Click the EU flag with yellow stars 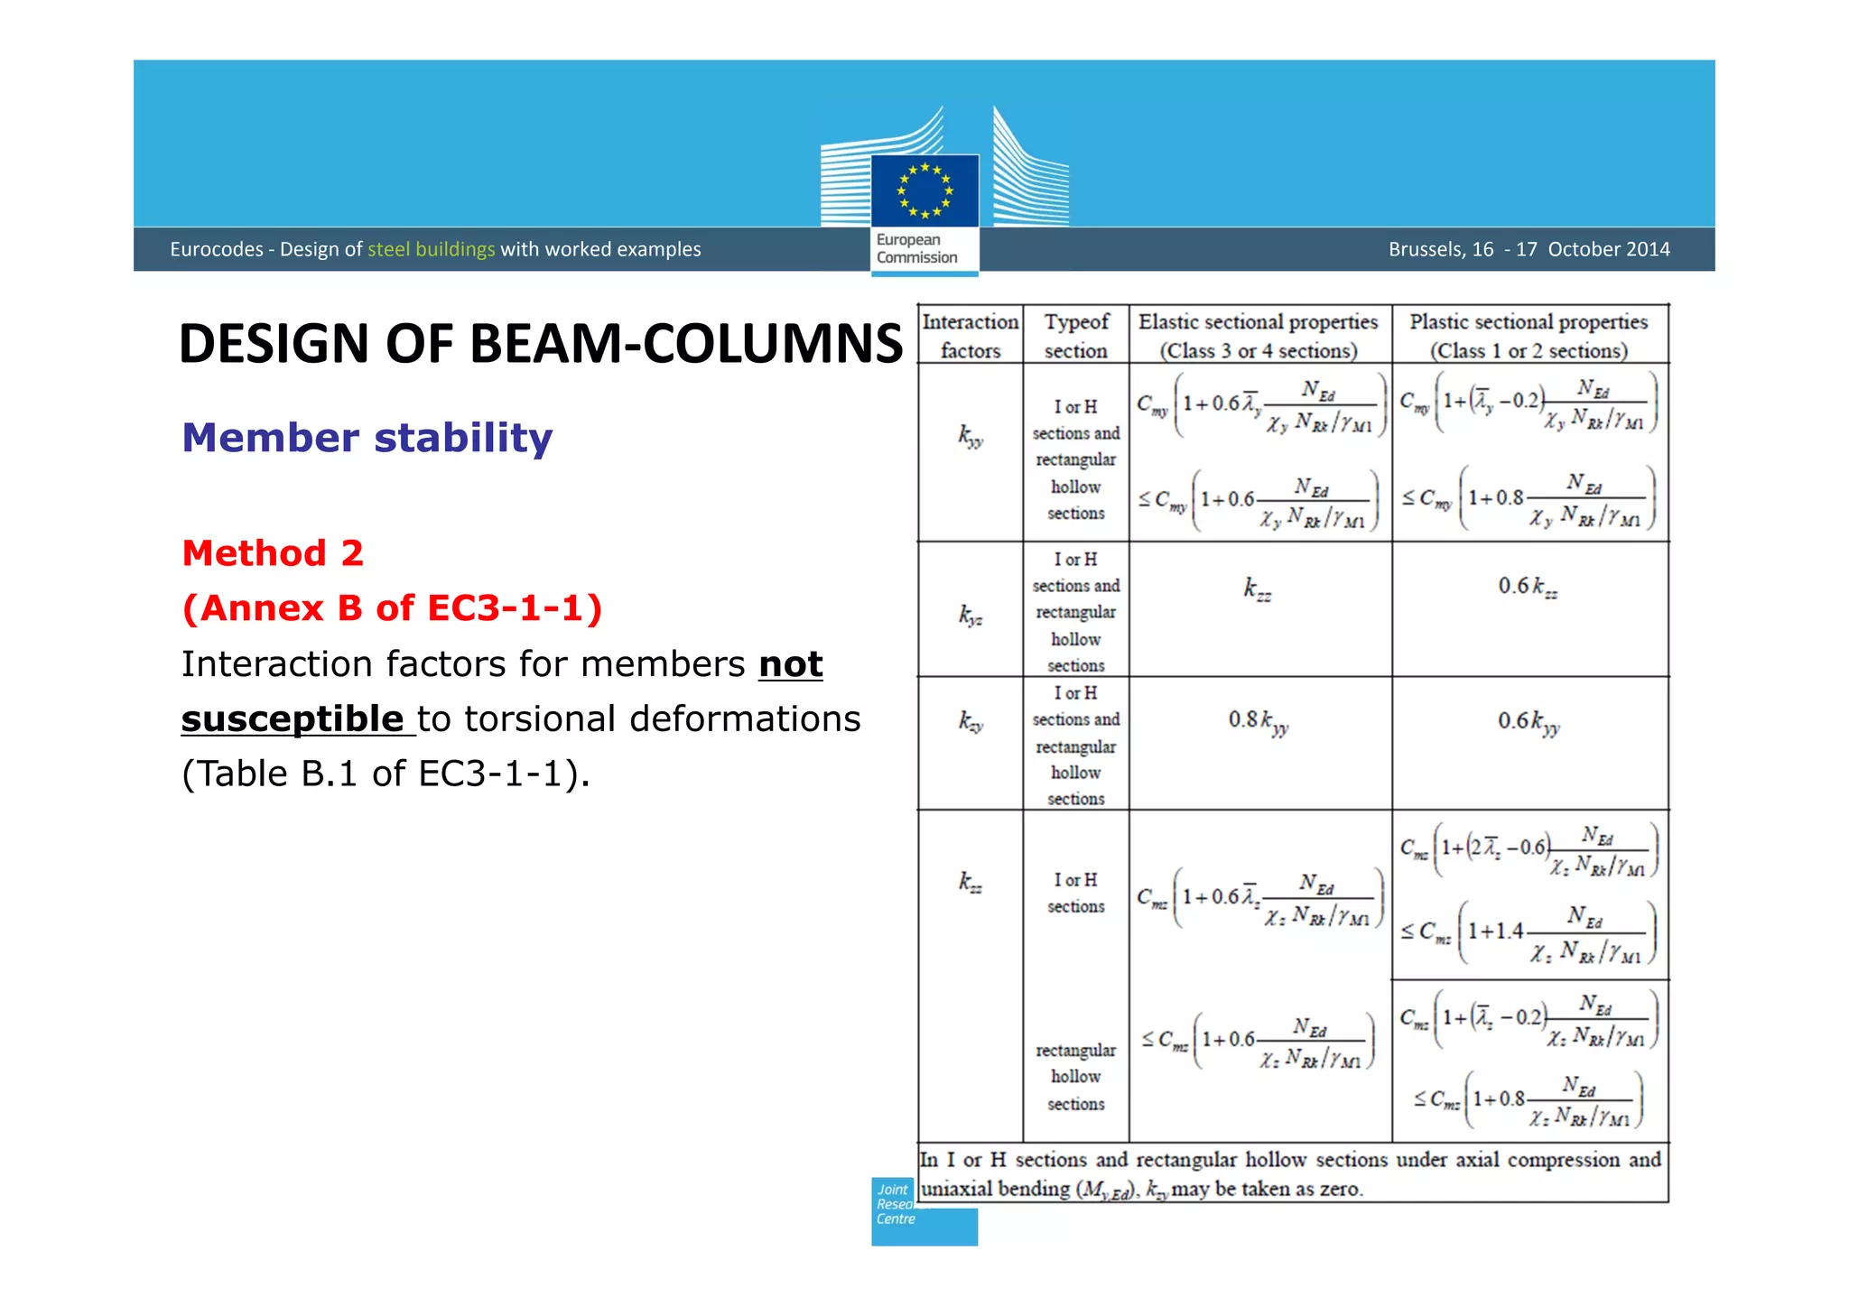click(924, 190)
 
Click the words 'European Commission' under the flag click(916, 249)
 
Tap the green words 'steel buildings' click(431, 249)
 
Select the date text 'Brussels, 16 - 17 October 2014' click(1528, 249)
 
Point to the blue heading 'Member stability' click(367, 438)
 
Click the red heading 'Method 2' click(273, 553)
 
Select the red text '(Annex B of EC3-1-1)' click(392, 608)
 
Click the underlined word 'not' click(790, 664)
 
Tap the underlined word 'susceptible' click(293, 719)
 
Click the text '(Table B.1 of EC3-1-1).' click(386, 774)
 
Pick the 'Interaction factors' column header click(971, 336)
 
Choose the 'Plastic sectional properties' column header click(1528, 336)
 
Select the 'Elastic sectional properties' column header click(1259, 336)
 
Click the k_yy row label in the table click(971, 437)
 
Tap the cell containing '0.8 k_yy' click(1259, 721)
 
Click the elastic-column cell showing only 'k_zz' click(1258, 589)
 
